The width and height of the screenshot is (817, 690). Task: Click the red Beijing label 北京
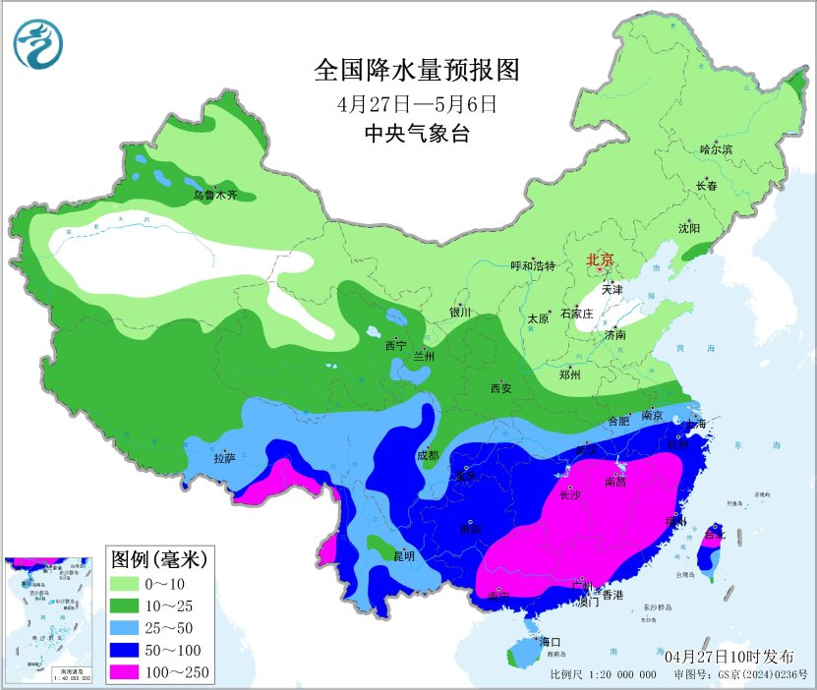[600, 260]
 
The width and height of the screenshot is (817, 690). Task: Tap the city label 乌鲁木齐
[214, 196]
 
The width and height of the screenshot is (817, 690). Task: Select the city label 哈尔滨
[716, 148]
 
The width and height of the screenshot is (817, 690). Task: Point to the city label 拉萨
[224, 458]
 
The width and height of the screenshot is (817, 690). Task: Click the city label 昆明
[403, 555]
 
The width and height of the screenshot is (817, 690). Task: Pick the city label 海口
[549, 642]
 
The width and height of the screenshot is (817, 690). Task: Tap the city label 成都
[428, 455]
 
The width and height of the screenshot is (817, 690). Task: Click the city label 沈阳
[689, 228]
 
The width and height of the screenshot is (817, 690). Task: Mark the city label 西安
[500, 389]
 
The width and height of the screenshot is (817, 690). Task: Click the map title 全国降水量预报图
[416, 70]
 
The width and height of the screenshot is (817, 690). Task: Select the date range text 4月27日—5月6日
[416, 103]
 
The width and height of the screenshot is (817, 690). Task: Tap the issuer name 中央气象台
[416, 135]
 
